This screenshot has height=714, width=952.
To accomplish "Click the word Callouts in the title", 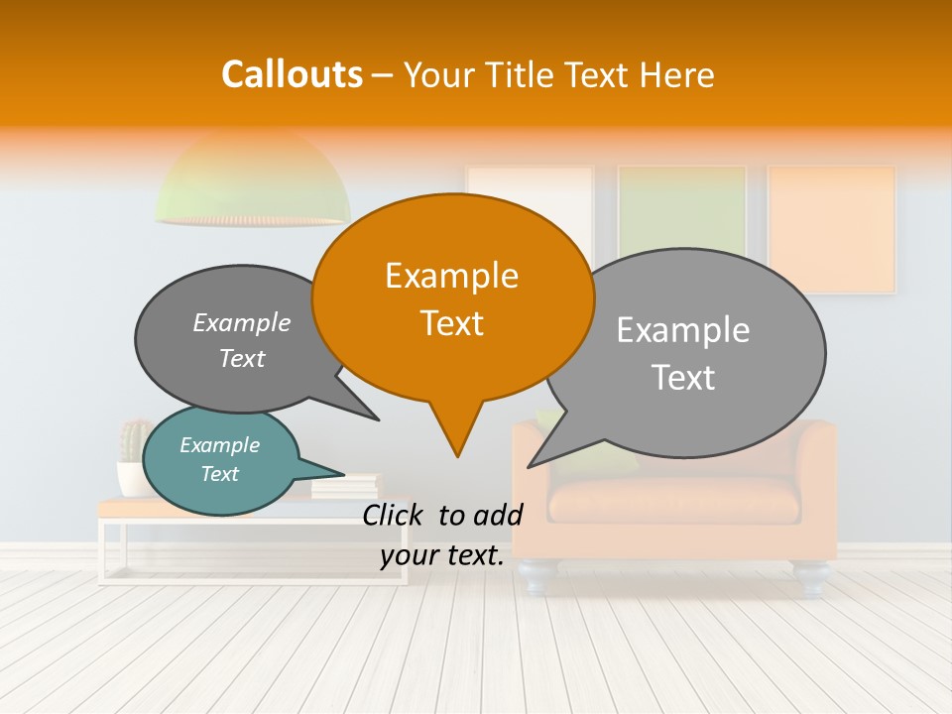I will [x=292, y=74].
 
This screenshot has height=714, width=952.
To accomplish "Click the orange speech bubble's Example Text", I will [x=452, y=299].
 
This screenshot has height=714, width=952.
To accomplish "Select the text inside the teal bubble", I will [x=219, y=459].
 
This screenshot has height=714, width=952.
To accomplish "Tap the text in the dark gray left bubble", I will [x=242, y=340].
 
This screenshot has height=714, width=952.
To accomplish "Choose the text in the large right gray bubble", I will [x=683, y=353].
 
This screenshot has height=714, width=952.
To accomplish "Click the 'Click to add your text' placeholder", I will [x=442, y=535].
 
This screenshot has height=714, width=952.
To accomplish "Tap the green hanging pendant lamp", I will [x=252, y=183].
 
